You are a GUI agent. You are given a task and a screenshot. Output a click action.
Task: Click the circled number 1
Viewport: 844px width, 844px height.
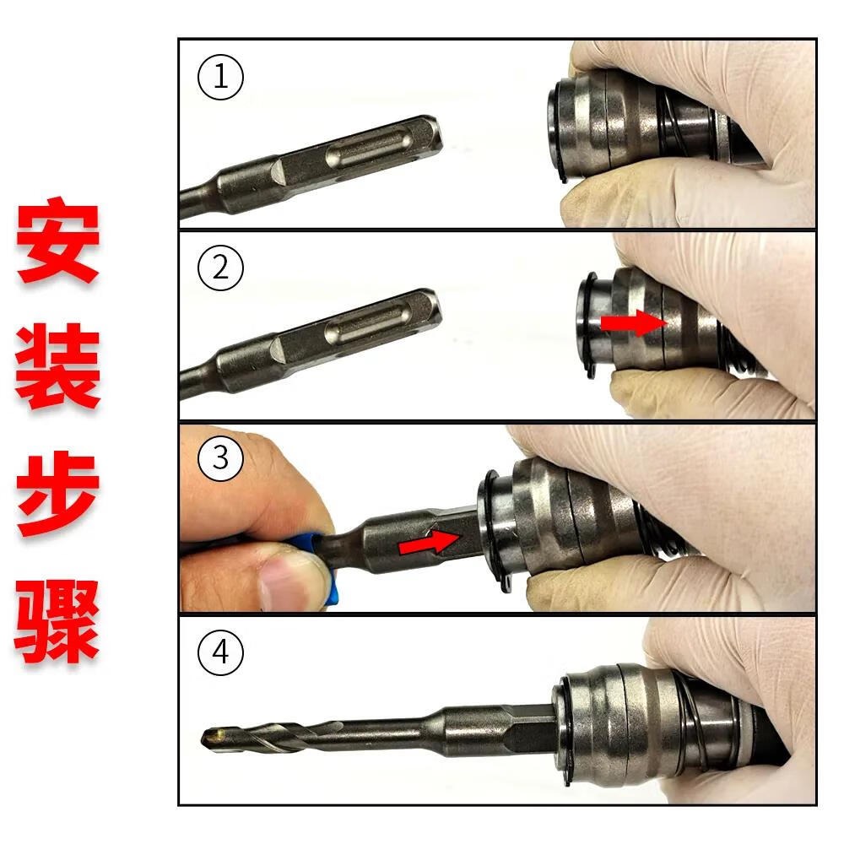click(x=220, y=78)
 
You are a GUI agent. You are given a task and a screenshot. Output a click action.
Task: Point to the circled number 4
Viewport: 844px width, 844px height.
click(x=220, y=653)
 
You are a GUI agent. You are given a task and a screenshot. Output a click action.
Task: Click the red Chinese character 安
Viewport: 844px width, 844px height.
click(x=57, y=241)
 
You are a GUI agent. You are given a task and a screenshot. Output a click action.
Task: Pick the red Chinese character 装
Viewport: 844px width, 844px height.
click(x=57, y=368)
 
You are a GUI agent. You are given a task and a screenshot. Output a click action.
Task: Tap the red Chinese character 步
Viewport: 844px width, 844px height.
click(x=57, y=495)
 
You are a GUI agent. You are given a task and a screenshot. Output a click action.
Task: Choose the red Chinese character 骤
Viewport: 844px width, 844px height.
click(x=57, y=621)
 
